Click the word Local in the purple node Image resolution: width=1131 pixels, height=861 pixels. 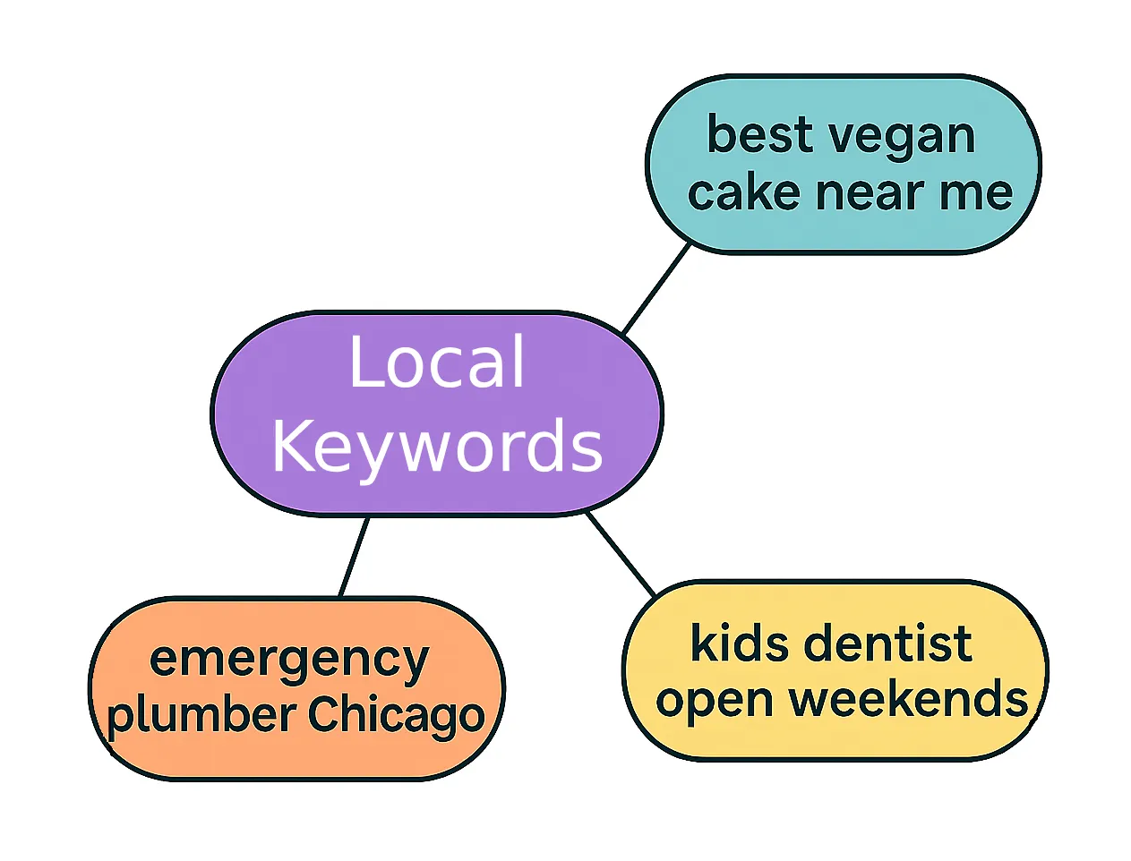tap(436, 362)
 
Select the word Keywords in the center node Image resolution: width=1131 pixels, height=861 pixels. tap(437, 445)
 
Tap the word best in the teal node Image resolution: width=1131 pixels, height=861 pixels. tap(760, 135)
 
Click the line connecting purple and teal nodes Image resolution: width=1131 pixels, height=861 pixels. tap(656, 288)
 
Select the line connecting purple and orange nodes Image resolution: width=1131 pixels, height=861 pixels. tap(354, 557)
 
